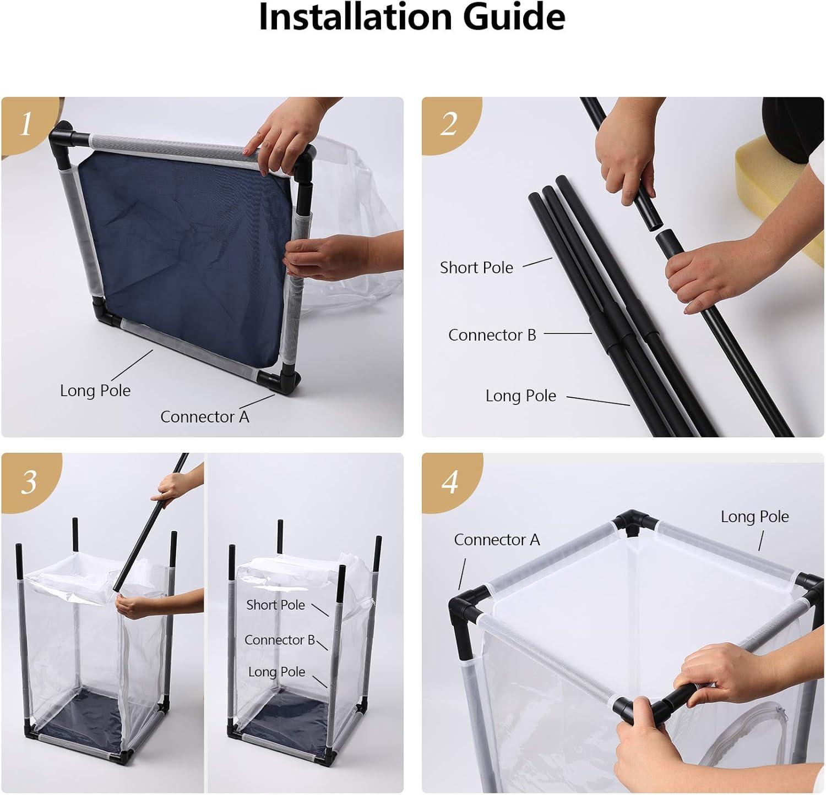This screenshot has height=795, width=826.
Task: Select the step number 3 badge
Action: pos(29,482)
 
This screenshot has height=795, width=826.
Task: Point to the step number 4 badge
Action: pos(450,482)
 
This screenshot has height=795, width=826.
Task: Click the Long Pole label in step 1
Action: pos(95,391)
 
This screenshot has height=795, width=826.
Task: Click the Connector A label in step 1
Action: pos(205,417)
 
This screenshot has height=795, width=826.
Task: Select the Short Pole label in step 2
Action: pos(476,267)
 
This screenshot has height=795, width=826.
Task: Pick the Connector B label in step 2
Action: pos(492,335)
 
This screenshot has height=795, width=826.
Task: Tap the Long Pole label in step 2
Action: pos(521,396)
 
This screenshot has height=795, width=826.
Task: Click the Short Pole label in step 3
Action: pos(275,605)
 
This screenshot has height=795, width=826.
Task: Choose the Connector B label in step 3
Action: pos(280,640)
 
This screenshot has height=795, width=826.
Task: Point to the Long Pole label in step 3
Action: pos(276,672)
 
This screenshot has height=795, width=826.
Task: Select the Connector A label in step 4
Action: pos(497,540)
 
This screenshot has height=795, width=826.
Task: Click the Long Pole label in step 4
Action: pos(755,517)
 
